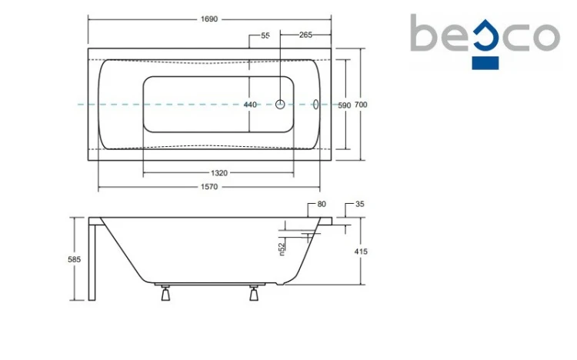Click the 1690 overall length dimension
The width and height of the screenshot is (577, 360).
click(209, 19)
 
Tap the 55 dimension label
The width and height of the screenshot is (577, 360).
click(265, 35)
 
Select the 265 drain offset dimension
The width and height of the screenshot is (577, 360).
click(305, 35)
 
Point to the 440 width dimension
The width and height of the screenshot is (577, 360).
click(250, 105)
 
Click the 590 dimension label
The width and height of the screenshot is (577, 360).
click(345, 105)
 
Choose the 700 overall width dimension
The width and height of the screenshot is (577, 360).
click(361, 105)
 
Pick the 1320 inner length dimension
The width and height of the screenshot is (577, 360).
click(219, 172)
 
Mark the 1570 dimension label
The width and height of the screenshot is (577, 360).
click(209, 187)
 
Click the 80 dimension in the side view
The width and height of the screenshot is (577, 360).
click(322, 204)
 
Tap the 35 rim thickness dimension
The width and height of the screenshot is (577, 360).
click(360, 204)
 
